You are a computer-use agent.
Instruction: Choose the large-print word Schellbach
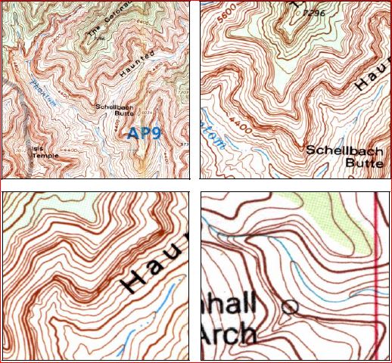[x=345, y=149]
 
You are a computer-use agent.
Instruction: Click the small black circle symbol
[x=288, y=306]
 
